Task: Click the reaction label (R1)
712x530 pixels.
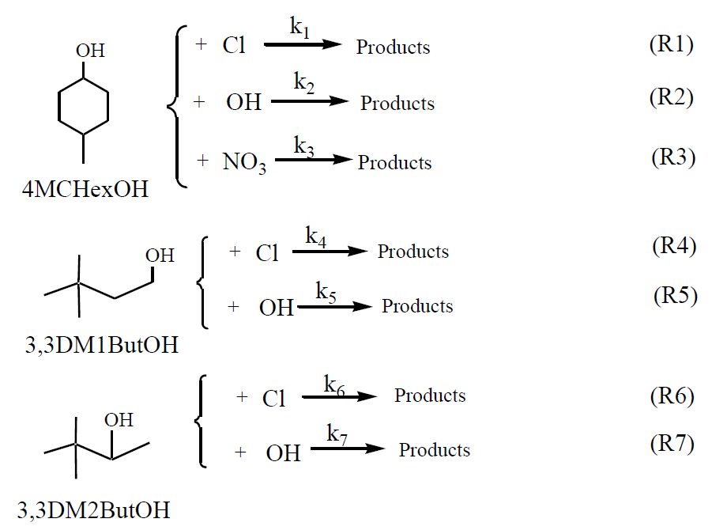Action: click(670, 44)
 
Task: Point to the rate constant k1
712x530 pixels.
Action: click(300, 27)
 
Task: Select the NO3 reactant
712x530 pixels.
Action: click(244, 164)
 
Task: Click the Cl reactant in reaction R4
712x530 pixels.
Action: click(267, 253)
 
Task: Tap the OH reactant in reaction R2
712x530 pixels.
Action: click(243, 103)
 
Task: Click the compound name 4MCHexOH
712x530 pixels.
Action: click(86, 191)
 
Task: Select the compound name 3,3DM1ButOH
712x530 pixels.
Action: click(100, 346)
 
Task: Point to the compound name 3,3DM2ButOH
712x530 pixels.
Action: click(94, 509)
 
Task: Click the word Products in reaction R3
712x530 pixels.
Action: click(394, 163)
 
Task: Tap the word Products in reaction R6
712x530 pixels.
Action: click(430, 396)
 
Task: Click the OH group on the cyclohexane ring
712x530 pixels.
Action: click(90, 51)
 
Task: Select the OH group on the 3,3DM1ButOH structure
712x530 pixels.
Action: click(159, 256)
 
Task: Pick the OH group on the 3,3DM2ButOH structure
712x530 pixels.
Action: click(119, 418)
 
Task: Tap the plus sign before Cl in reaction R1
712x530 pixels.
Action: click(201, 45)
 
